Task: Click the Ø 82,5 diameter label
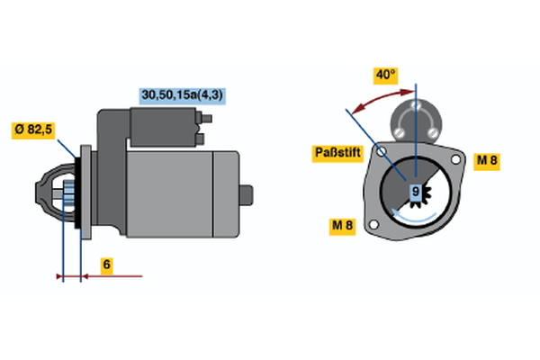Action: click(34, 130)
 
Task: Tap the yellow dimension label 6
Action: click(106, 265)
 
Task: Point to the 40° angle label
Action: click(386, 76)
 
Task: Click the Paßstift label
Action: click(337, 153)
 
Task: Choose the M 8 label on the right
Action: click(487, 160)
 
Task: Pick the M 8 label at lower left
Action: click(343, 226)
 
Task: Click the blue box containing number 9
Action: click(416, 191)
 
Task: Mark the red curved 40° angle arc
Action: click(378, 95)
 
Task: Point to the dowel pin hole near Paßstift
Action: click(382, 150)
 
